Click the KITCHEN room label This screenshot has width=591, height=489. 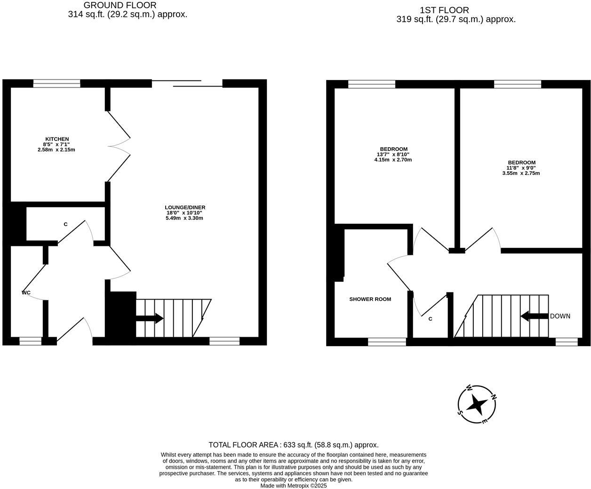[x=56, y=139]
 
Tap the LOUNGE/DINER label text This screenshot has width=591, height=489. [x=185, y=207]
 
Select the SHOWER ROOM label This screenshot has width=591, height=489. [x=370, y=299]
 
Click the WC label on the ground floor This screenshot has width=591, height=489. [x=26, y=292]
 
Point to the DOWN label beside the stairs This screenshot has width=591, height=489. [x=560, y=316]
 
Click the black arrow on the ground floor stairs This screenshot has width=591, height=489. [x=150, y=318]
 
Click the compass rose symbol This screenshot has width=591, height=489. [x=478, y=404]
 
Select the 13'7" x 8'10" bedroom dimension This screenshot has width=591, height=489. [x=393, y=154]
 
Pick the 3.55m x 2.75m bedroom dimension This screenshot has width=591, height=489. [x=521, y=173]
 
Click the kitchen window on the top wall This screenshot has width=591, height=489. [x=56, y=84]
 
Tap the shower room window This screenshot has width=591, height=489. [x=387, y=342]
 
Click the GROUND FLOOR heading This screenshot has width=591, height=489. [x=120, y=5]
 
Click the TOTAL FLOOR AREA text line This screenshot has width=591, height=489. [x=294, y=445]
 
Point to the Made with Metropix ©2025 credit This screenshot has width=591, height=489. [x=294, y=486]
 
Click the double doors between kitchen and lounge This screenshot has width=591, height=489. [x=119, y=146]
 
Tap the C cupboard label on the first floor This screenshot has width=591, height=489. [x=430, y=319]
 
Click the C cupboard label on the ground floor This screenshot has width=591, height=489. [x=65, y=224]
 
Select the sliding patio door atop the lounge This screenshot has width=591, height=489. [x=187, y=83]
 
